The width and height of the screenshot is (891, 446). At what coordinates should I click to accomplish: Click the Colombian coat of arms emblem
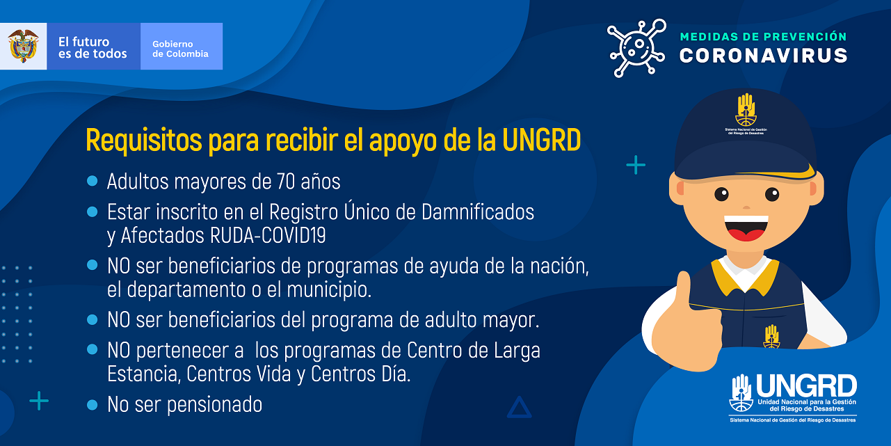(24, 46)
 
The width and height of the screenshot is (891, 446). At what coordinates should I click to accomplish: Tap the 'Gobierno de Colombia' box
(182, 46)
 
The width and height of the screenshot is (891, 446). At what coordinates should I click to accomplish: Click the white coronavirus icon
(637, 48)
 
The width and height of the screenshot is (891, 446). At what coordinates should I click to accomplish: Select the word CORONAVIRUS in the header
(763, 55)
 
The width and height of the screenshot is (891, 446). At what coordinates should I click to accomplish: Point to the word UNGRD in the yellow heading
(541, 140)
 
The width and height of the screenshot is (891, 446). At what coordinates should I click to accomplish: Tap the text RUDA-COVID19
(268, 235)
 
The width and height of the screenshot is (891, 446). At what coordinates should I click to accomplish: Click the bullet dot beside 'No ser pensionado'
(92, 405)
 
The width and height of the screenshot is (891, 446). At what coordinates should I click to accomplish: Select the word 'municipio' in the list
(329, 289)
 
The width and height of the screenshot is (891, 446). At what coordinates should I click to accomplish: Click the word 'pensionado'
(214, 405)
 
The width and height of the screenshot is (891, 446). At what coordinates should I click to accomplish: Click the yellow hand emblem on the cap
(746, 110)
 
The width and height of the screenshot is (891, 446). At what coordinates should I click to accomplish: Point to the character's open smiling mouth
(746, 228)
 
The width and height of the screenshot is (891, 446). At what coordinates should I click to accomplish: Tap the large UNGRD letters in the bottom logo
(806, 386)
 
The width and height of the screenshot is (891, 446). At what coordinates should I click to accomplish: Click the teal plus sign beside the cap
(636, 165)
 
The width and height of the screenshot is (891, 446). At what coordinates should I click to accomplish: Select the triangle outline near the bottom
(519, 407)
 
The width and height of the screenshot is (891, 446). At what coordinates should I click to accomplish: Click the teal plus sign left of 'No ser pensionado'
(39, 401)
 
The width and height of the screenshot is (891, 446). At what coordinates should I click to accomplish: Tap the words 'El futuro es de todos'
(93, 47)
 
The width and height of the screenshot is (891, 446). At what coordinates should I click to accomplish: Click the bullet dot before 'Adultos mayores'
(92, 181)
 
